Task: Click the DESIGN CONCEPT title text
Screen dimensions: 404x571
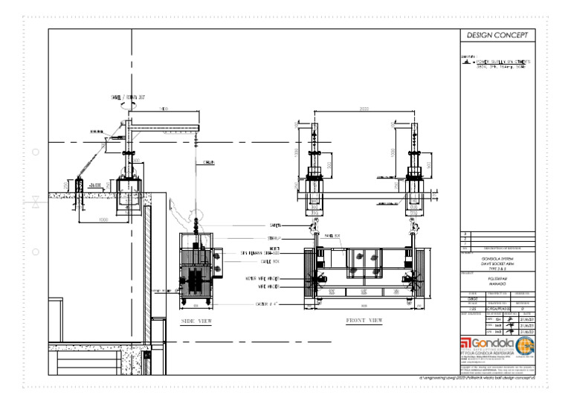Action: point(497,36)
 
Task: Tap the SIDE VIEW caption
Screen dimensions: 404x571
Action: point(197,321)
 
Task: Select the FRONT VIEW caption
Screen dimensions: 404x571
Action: point(364,321)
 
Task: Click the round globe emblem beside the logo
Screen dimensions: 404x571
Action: point(525,346)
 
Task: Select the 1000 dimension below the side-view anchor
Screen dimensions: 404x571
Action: point(103,220)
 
